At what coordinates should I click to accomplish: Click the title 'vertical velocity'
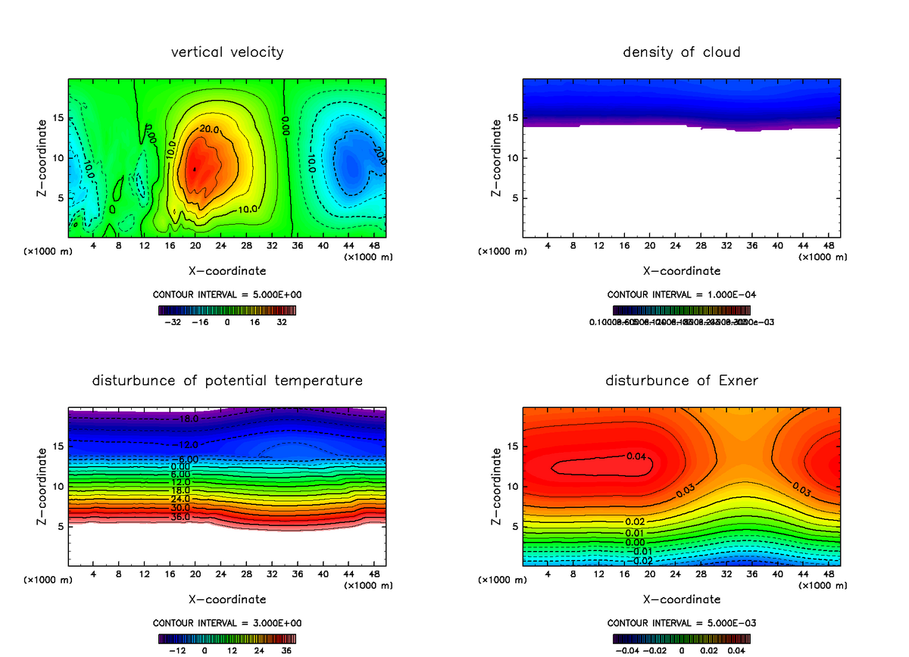click(227, 52)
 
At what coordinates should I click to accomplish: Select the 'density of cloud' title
click(682, 52)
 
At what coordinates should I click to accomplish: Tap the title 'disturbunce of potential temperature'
click(227, 381)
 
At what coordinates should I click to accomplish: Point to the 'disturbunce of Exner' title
click(682, 381)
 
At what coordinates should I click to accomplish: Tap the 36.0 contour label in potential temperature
click(180, 517)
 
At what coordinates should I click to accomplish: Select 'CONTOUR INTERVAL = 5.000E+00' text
click(227, 294)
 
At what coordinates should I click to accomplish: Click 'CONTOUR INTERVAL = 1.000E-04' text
click(682, 294)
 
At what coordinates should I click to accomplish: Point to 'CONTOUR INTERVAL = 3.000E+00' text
click(227, 623)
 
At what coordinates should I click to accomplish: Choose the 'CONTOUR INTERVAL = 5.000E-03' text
click(682, 623)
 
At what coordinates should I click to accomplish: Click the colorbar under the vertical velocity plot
click(227, 310)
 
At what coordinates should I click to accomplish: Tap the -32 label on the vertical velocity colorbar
click(175, 321)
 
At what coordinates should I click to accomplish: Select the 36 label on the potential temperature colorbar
click(286, 649)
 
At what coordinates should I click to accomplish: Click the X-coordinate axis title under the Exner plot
click(682, 599)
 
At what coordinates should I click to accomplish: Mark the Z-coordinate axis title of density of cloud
click(497, 158)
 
